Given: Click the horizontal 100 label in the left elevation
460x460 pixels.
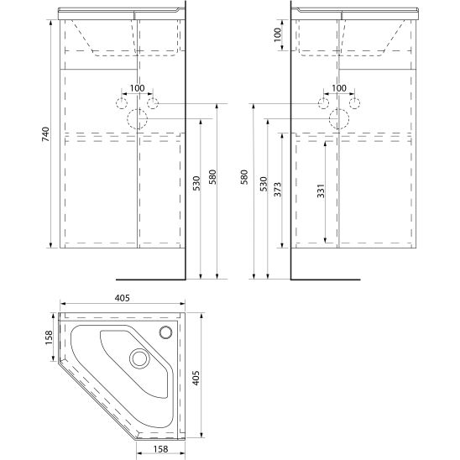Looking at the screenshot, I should [138, 88].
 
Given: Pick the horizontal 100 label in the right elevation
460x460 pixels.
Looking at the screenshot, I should [338, 88].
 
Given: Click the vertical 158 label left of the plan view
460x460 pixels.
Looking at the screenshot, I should [48, 337].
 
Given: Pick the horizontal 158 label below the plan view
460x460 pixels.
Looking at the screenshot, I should [163, 449].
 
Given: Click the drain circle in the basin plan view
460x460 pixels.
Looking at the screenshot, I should [139, 358].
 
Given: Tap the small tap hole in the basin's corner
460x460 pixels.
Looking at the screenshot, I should [166, 331].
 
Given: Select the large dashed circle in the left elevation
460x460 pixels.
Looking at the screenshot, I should [138, 118].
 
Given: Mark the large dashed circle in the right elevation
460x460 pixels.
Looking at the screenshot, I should [338, 118].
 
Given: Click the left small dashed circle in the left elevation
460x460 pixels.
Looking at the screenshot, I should [122, 103].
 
